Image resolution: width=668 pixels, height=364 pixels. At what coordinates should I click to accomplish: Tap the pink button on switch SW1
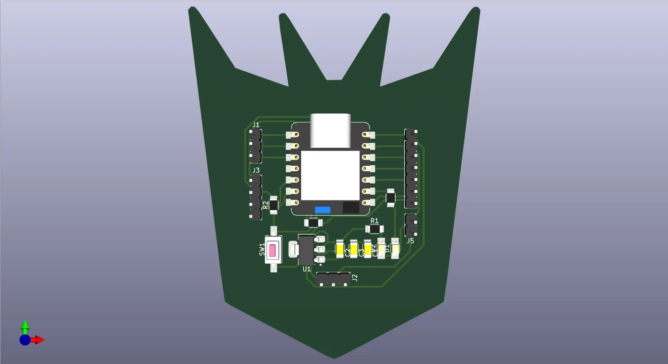[273, 251]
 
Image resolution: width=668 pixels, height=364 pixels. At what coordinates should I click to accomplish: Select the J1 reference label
[256, 125]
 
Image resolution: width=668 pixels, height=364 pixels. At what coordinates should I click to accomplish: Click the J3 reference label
[256, 170]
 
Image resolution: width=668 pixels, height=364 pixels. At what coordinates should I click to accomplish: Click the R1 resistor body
[374, 229]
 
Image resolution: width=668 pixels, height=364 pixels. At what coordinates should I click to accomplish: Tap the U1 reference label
[307, 269]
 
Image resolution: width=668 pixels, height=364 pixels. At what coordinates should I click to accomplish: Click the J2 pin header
[333, 279]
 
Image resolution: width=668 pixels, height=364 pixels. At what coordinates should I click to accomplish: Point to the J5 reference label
[410, 241]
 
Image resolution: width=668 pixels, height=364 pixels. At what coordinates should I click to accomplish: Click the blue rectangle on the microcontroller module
[322, 210]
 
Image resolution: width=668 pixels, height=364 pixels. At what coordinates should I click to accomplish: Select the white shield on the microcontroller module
[330, 175]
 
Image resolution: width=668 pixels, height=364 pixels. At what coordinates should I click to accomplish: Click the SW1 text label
[262, 249]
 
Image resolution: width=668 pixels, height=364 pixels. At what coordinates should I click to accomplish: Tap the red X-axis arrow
[39, 340]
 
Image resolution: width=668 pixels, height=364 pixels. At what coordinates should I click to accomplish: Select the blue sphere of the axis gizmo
[25, 340]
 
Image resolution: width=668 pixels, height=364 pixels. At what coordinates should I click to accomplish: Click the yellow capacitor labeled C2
[340, 250]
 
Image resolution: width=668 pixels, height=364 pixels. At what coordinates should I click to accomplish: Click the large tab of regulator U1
[293, 249]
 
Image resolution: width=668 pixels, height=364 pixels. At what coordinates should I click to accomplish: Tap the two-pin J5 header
[411, 225]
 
